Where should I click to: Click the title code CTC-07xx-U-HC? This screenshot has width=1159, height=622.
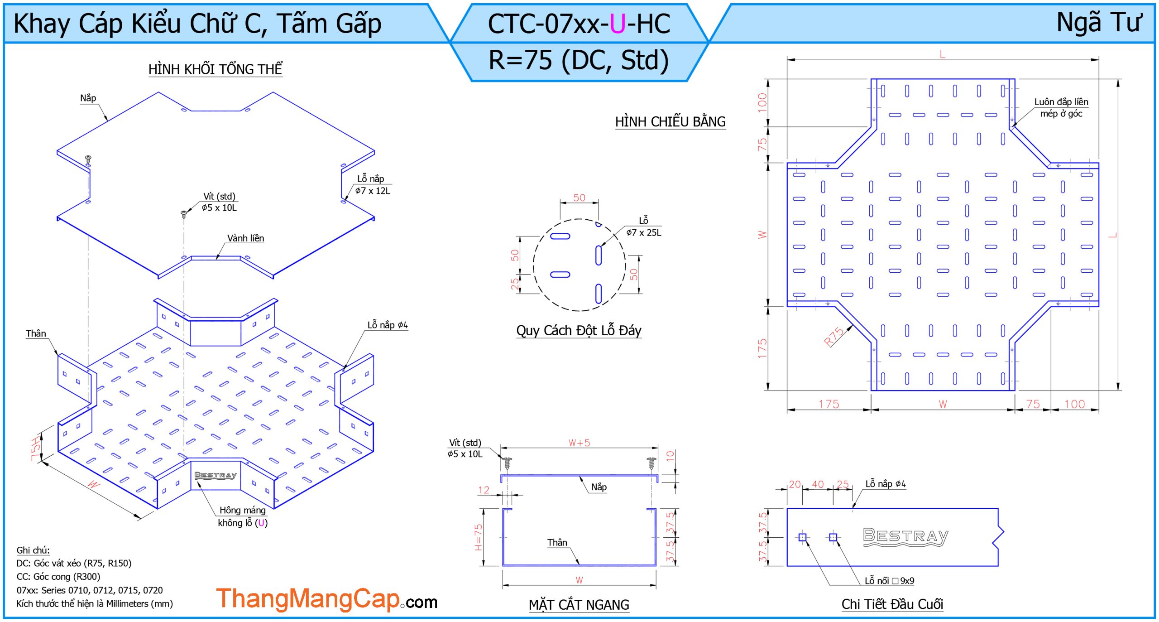[x=579, y=24]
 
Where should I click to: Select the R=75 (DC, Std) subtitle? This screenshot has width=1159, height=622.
[x=579, y=60]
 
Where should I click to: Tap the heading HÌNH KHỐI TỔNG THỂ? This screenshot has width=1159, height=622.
[x=216, y=69]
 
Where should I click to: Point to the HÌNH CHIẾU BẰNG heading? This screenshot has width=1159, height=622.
[x=670, y=122]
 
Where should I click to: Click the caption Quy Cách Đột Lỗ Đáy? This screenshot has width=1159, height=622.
[x=579, y=331]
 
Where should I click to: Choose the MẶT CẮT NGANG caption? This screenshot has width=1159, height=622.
[x=579, y=605]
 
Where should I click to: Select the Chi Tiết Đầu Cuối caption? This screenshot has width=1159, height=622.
[x=892, y=604]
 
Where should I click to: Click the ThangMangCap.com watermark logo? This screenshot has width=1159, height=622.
[x=326, y=599]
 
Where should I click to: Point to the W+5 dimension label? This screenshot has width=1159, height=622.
[x=579, y=443]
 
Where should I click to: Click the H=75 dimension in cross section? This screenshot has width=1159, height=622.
[x=479, y=537]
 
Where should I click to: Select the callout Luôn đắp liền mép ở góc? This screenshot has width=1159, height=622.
[x=1061, y=108]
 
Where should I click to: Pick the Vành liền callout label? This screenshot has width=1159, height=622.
[x=245, y=238]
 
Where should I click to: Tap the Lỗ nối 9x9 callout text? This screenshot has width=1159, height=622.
[x=889, y=581]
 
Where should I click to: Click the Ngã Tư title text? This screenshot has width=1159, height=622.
[x=1098, y=23]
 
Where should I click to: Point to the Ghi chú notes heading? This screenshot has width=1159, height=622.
[x=33, y=550]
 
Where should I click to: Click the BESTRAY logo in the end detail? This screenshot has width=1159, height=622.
[x=905, y=537]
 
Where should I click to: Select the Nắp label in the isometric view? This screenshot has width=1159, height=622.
[x=88, y=98]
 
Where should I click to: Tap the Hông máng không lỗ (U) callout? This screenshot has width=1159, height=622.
[x=243, y=516]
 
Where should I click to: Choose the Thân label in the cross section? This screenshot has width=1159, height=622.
[x=557, y=543]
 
